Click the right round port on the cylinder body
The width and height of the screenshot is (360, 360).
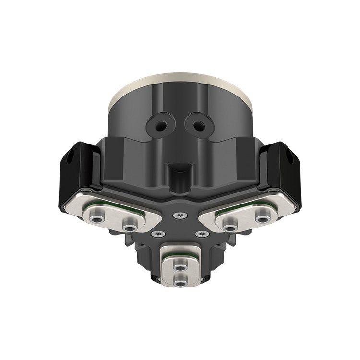tap(197, 124)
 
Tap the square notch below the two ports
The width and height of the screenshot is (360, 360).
tap(180, 169)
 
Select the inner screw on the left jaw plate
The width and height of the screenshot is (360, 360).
tap(129, 223)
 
